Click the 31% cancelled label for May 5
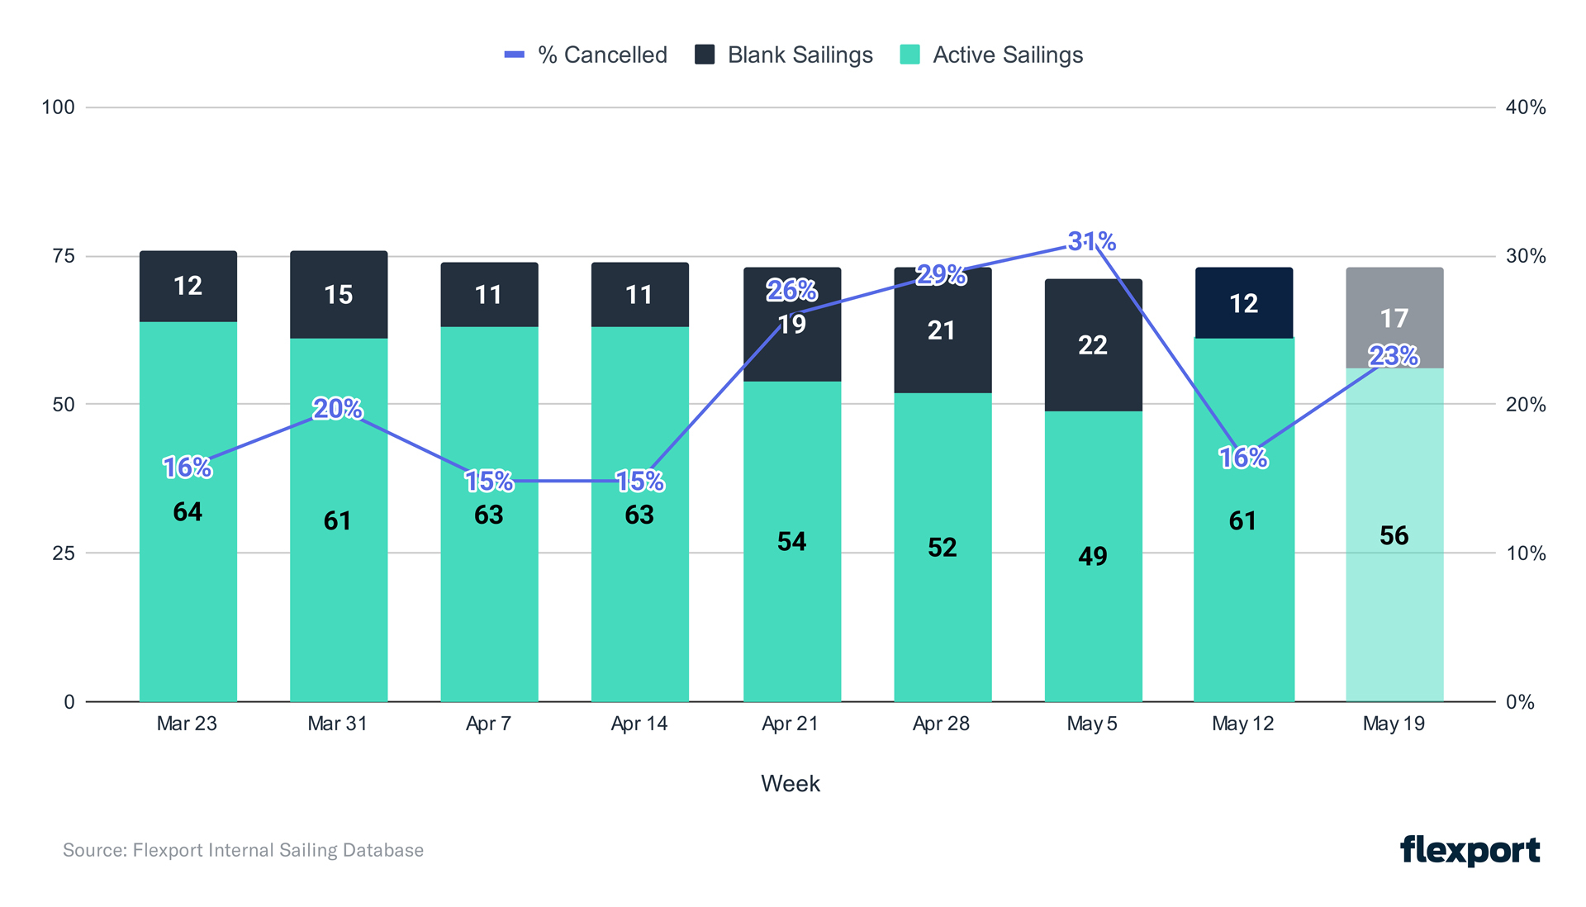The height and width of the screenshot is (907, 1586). (1091, 241)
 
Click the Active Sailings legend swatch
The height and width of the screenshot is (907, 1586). (909, 55)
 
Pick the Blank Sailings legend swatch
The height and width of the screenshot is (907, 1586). (705, 55)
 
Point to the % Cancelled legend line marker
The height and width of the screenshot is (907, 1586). (514, 55)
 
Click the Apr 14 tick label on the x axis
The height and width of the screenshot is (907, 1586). (639, 724)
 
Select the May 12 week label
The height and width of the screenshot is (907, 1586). (1242, 724)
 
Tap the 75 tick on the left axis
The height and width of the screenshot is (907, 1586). (64, 256)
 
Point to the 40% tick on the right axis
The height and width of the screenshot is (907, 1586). (1525, 107)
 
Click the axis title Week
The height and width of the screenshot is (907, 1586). (790, 783)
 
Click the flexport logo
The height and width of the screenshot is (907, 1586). (1470, 850)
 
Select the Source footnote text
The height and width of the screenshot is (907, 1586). (243, 850)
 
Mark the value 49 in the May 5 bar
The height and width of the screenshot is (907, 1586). (1092, 556)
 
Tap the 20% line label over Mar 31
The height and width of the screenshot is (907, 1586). (337, 409)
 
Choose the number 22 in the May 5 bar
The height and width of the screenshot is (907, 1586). (1092, 345)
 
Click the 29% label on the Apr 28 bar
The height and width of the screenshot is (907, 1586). (941, 275)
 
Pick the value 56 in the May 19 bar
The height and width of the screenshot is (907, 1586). (1394, 535)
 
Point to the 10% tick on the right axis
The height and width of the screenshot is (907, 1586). (1525, 553)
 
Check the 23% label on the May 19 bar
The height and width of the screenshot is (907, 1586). (1394, 356)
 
